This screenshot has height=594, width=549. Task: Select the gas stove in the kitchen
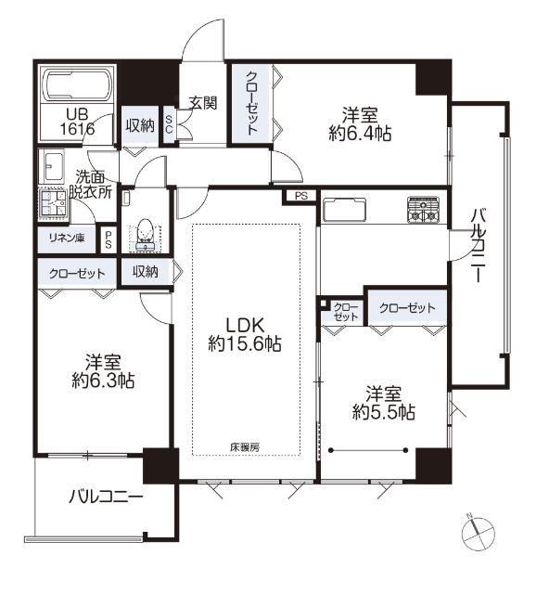423,210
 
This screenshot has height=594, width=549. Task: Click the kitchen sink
344,210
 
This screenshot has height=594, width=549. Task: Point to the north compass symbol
479,532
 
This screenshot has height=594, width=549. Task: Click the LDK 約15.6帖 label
244,334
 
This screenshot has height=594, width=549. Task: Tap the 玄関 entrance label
203,103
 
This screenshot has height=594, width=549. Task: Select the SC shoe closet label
169,124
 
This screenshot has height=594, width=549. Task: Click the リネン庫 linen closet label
67,238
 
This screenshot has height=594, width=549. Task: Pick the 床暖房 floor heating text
245,447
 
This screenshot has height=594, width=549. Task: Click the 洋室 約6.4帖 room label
360,124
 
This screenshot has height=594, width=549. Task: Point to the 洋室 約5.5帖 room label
383,403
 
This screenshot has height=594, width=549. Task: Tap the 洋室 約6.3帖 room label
103,371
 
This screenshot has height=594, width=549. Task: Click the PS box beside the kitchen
301,196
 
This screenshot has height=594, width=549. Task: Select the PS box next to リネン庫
109,239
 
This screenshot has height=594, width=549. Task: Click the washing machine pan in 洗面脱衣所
54,203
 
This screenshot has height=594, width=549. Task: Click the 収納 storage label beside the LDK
145,272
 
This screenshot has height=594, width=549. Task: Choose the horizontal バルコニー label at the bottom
106,497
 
